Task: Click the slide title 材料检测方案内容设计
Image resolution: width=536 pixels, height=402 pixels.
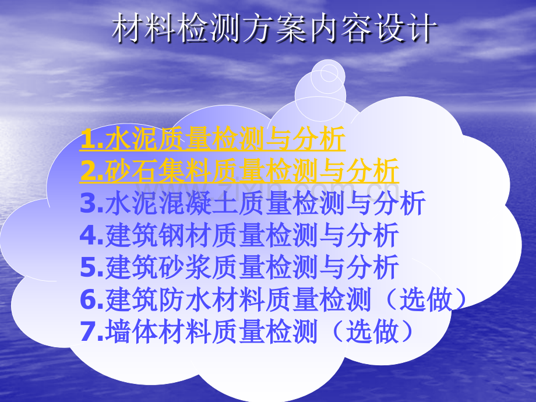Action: [273, 29]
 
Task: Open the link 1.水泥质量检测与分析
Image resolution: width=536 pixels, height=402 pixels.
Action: [213, 140]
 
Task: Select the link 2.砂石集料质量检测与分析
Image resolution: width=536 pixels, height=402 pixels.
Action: [239, 171]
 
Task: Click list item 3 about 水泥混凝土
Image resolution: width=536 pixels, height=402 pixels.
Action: [253, 203]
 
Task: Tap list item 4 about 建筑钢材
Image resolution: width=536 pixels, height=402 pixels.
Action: [239, 235]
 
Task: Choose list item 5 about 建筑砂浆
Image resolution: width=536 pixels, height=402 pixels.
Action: [239, 267]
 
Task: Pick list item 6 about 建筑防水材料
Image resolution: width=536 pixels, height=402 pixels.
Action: [274, 299]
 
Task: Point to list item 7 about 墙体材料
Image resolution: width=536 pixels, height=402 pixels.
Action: [247, 332]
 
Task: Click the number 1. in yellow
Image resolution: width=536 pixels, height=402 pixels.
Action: [92, 140]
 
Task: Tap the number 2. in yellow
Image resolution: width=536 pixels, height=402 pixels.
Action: [92, 172]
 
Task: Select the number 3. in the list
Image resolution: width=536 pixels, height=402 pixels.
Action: [92, 204]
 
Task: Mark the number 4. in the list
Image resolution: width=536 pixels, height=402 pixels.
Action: [92, 236]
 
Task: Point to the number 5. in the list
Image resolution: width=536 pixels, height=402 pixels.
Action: [92, 268]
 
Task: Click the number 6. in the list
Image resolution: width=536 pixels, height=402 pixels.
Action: [92, 300]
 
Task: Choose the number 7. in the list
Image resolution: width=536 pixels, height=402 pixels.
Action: [92, 332]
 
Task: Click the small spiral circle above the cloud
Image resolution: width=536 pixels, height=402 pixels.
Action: [327, 73]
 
